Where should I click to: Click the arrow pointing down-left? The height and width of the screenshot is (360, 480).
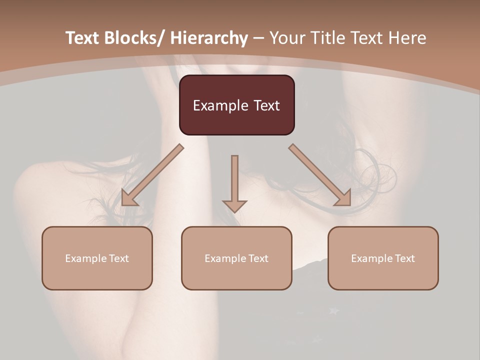click(152, 175)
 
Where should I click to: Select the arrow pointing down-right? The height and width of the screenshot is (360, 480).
click(320, 175)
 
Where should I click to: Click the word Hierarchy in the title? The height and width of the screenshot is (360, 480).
click(209, 38)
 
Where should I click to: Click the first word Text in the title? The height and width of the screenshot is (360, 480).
click(82, 38)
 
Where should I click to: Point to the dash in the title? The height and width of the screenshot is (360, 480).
click(258, 38)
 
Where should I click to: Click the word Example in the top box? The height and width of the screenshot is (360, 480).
click(220, 105)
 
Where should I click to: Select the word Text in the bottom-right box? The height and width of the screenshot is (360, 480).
click(405, 258)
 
